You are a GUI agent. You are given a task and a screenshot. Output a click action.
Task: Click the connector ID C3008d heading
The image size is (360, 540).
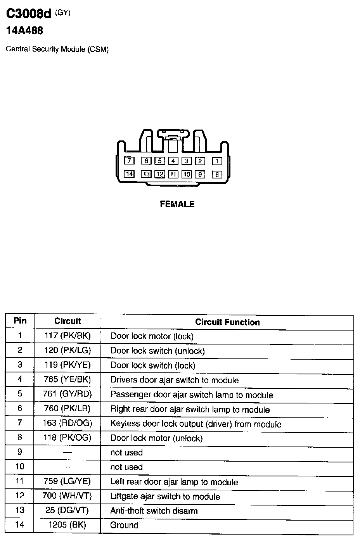click(x=28, y=14)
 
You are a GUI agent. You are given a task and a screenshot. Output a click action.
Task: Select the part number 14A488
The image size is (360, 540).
click(x=24, y=31)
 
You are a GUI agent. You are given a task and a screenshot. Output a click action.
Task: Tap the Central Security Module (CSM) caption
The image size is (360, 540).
click(x=57, y=50)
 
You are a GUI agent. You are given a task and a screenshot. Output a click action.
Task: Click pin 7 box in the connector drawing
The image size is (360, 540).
click(x=129, y=161)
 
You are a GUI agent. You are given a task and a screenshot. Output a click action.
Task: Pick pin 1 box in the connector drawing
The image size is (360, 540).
click(x=217, y=161)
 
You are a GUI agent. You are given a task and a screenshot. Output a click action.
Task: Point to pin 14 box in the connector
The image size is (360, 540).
click(x=129, y=174)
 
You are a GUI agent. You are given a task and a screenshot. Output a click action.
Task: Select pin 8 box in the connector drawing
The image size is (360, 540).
click(x=217, y=175)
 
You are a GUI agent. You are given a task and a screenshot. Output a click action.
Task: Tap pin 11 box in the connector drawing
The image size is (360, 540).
click(x=173, y=174)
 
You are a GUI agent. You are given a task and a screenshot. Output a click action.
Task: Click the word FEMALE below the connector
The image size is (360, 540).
click(x=177, y=204)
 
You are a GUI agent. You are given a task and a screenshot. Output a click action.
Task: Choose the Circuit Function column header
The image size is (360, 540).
click(x=227, y=322)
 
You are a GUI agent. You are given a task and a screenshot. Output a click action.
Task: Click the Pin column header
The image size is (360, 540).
click(x=20, y=321)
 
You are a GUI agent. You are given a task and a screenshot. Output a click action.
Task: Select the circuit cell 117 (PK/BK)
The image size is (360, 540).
click(x=67, y=336)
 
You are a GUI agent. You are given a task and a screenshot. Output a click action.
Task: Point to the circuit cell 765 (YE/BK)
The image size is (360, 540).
click(x=67, y=379)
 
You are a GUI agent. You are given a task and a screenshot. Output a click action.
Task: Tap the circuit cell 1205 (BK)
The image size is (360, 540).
click(x=67, y=525)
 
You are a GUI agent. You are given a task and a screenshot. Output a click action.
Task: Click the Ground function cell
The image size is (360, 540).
click(x=124, y=525)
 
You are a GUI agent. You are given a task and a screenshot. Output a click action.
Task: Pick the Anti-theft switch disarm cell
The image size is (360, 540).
click(x=154, y=511)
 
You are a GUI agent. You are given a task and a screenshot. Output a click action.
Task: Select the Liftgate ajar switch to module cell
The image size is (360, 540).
click(x=165, y=497)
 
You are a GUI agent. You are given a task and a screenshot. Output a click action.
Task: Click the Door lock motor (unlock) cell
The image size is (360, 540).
click(x=156, y=438)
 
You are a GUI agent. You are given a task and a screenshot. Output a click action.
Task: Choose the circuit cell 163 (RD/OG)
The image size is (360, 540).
click(x=67, y=423)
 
